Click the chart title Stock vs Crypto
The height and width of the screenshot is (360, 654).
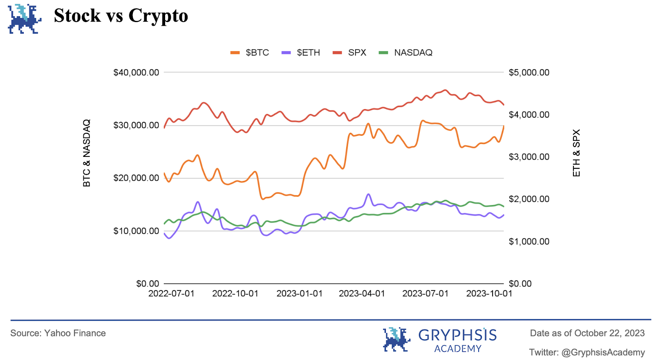click(121, 16)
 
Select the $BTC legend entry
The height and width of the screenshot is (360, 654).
click(250, 53)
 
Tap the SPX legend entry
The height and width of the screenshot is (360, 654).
click(349, 53)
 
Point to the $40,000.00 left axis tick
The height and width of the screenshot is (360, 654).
click(136, 73)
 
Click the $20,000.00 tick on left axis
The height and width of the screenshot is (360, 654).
click(136, 178)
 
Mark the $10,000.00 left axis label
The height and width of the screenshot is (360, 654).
click(136, 231)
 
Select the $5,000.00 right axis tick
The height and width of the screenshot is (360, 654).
click(529, 73)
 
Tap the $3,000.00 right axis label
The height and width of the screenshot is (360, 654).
click(529, 157)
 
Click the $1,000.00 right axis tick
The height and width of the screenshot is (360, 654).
click(529, 241)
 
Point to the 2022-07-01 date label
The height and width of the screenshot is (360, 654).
click(171, 294)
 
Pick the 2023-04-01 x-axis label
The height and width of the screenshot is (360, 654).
click(362, 294)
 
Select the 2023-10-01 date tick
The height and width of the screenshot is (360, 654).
click(489, 294)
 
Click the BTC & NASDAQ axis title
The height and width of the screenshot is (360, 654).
click(87, 153)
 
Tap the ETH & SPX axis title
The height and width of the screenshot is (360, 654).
click(576, 153)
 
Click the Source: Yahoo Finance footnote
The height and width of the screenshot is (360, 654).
click(58, 333)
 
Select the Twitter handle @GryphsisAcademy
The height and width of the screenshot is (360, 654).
click(587, 352)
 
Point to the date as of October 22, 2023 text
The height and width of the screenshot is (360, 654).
click(587, 333)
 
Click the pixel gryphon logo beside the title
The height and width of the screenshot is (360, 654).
click(25, 19)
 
